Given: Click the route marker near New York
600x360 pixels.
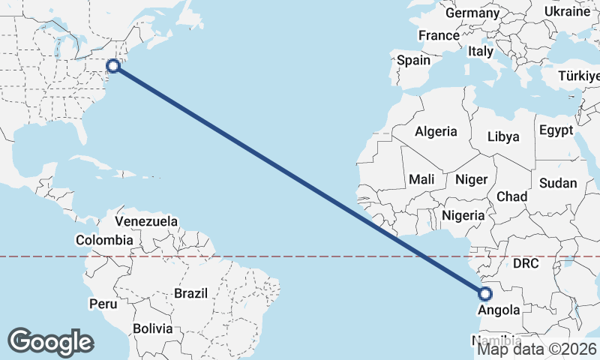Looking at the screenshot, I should [113, 66].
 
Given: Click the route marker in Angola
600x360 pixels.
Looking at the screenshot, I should [485, 294].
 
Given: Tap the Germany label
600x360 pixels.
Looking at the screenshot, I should [472, 13].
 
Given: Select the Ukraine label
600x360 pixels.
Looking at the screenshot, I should [567, 12].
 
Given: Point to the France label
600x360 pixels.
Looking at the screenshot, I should [439, 35].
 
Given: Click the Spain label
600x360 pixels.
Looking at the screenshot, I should [414, 60].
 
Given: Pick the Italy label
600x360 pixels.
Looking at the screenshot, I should [480, 52].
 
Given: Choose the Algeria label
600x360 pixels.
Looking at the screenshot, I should [436, 131].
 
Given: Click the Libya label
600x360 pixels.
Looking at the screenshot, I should [502, 136].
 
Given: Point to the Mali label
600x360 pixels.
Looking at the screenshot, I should [421, 179].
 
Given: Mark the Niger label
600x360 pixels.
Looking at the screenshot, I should [472, 179].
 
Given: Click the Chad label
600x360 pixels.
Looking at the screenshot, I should [512, 196].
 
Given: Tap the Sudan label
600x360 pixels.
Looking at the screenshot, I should [558, 183].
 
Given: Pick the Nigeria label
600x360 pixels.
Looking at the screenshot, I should [464, 215].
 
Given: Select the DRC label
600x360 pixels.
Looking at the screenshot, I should [526, 263].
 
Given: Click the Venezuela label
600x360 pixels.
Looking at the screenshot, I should [146, 221].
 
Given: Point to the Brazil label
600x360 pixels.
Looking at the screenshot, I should [190, 293].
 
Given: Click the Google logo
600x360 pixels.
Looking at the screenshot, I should [51, 341].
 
